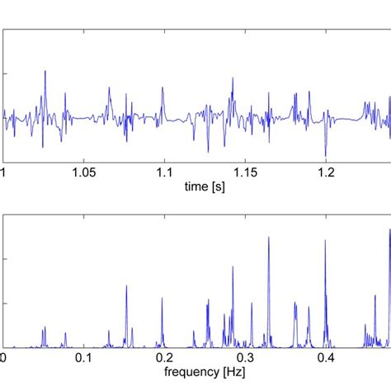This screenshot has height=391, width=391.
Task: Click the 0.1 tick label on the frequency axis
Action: click(x=83, y=358)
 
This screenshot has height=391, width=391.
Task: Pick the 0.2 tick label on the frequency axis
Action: click(x=164, y=358)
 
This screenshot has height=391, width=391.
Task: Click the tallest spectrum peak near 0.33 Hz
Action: click(x=268, y=238)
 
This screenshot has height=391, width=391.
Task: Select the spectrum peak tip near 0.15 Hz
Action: click(x=126, y=286)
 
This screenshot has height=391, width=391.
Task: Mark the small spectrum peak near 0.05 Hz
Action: click(x=44, y=327)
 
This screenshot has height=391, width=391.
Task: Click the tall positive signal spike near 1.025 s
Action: click(x=45, y=71)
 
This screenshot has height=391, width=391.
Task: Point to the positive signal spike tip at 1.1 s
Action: click(x=163, y=88)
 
